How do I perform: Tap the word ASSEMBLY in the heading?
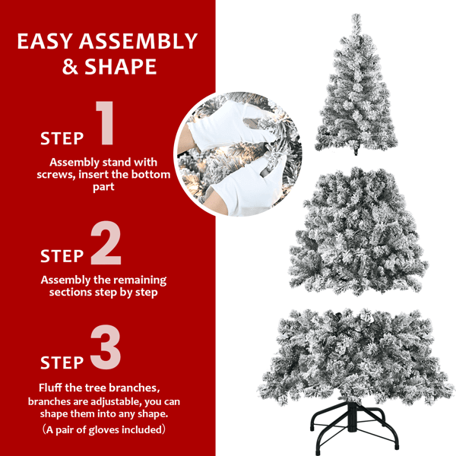(x=144, y=41)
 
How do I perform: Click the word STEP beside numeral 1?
(x=62, y=138)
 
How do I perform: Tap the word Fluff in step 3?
(x=54, y=388)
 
